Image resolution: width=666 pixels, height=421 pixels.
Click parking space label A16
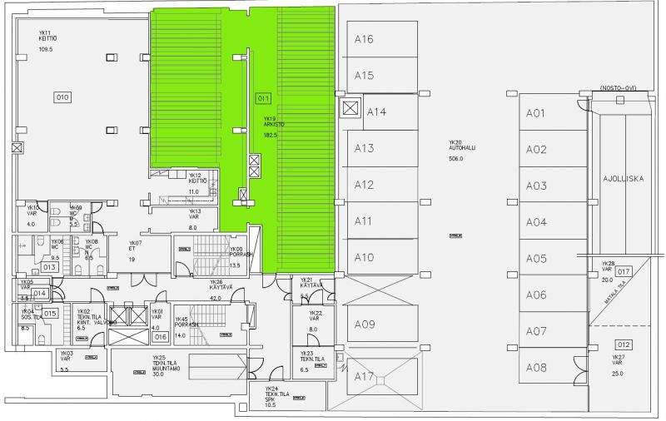pyautogui.click(x=364, y=39)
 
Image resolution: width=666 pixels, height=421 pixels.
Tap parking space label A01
pyautogui.click(x=535, y=113)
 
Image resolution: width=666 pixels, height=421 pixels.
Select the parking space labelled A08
pyautogui.click(x=535, y=368)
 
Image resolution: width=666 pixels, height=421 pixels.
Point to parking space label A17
pyautogui.click(x=364, y=377)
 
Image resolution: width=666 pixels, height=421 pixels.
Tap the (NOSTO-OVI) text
pyautogui.click(x=617, y=87)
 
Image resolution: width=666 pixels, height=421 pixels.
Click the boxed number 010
pyautogui.click(x=62, y=97)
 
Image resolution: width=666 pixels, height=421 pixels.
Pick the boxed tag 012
pyautogui.click(x=623, y=344)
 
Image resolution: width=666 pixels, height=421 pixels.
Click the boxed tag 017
pyautogui.click(x=624, y=271)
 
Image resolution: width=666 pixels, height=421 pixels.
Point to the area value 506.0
pyautogui.click(x=455, y=158)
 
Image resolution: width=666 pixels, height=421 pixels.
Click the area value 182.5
pyautogui.click(x=270, y=135)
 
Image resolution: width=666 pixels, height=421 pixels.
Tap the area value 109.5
pyautogui.click(x=46, y=50)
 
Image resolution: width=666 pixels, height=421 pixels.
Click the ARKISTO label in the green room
pyautogui.click(x=274, y=124)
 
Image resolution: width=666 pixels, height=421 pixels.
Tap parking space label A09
pyautogui.click(x=364, y=324)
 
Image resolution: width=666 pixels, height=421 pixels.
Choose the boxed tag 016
pyautogui.click(x=161, y=336)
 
